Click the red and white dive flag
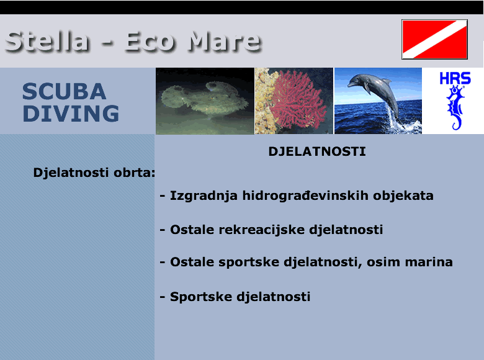pyautogui.click(x=434, y=39)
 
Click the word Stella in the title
pyautogui.click(x=48, y=41)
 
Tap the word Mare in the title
pyautogui.click(x=225, y=41)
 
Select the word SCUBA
pyautogui.click(x=64, y=91)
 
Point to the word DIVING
pyautogui.click(x=71, y=114)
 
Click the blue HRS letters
pyautogui.click(x=455, y=78)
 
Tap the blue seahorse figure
pyautogui.click(x=455, y=107)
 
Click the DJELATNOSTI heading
pyautogui.click(x=317, y=151)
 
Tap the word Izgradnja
pyautogui.click(x=204, y=196)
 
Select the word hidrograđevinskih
pyautogui.click(x=305, y=196)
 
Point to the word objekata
pyautogui.click(x=403, y=196)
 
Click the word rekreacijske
pyautogui.click(x=262, y=230)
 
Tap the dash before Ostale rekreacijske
pyautogui.click(x=163, y=230)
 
